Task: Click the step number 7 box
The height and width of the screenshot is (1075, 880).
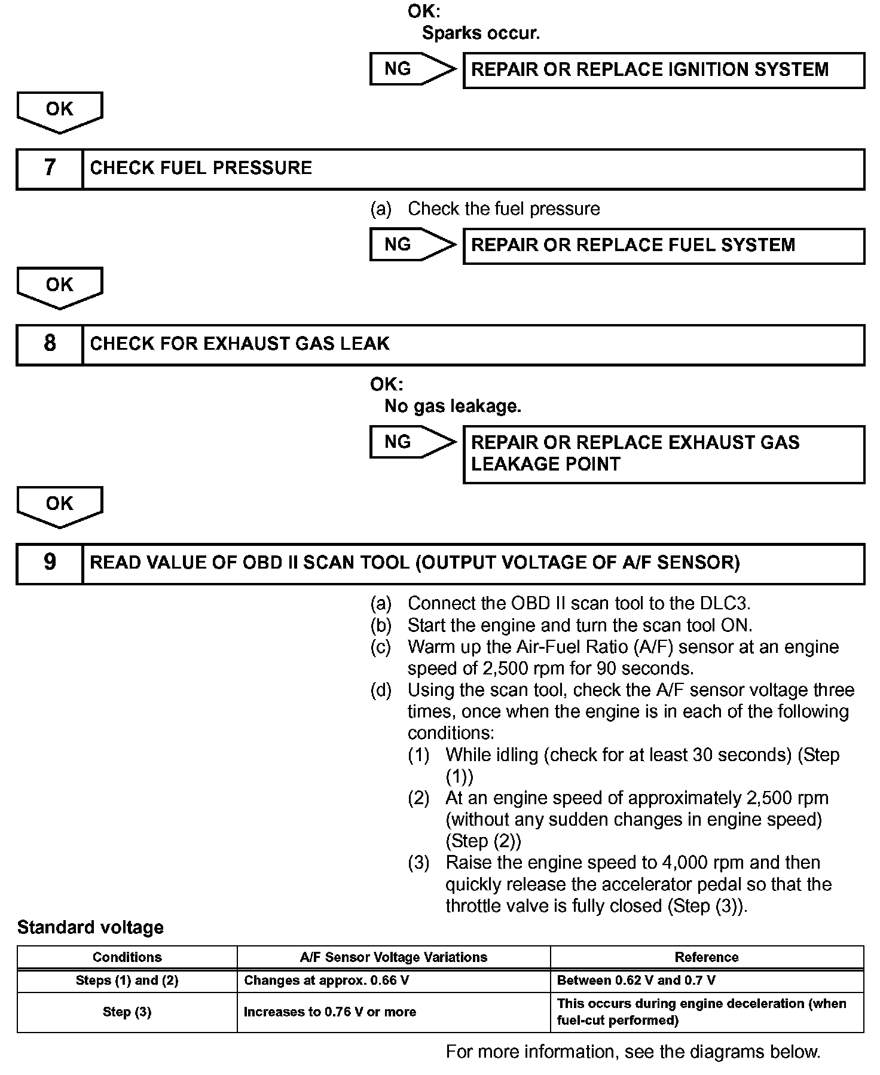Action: [x=50, y=168]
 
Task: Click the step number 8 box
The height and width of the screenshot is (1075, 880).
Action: [x=50, y=344]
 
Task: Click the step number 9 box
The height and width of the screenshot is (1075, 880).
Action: [x=50, y=563]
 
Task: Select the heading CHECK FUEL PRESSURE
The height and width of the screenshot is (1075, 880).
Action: [x=201, y=168]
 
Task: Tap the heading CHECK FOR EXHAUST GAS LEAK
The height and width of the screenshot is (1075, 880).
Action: [x=240, y=344]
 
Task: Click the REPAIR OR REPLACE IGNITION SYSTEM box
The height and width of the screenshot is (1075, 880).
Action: [x=664, y=70]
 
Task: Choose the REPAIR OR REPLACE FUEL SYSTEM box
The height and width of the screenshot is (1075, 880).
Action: [x=664, y=245]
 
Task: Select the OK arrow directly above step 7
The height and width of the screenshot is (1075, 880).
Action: [x=60, y=111]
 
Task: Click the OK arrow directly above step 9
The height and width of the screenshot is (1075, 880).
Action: [x=60, y=506]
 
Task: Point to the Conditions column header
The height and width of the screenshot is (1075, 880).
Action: [x=127, y=957]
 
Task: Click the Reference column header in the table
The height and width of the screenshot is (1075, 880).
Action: [x=707, y=957]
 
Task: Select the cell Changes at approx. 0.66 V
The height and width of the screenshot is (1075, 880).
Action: [x=326, y=980]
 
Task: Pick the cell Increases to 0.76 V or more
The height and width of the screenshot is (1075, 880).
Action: [x=330, y=1012]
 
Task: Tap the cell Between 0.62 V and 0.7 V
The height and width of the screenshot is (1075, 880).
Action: [x=636, y=980]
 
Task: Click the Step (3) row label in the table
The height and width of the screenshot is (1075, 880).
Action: [x=127, y=1012]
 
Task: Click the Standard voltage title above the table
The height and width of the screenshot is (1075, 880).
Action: [x=90, y=927]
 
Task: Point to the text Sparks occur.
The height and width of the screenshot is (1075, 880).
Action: [x=481, y=33]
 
